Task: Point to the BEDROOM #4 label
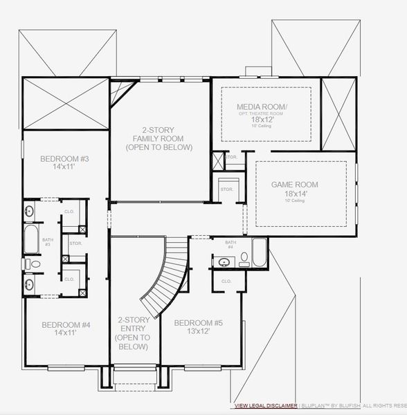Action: click(x=66, y=324)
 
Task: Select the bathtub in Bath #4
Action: click(x=259, y=252)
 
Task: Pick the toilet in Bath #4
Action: click(x=244, y=259)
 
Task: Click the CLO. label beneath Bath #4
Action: click(x=226, y=282)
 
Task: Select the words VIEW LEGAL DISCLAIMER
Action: click(x=266, y=405)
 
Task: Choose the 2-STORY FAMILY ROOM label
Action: click(x=159, y=138)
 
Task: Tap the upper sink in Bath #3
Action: click(x=30, y=210)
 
